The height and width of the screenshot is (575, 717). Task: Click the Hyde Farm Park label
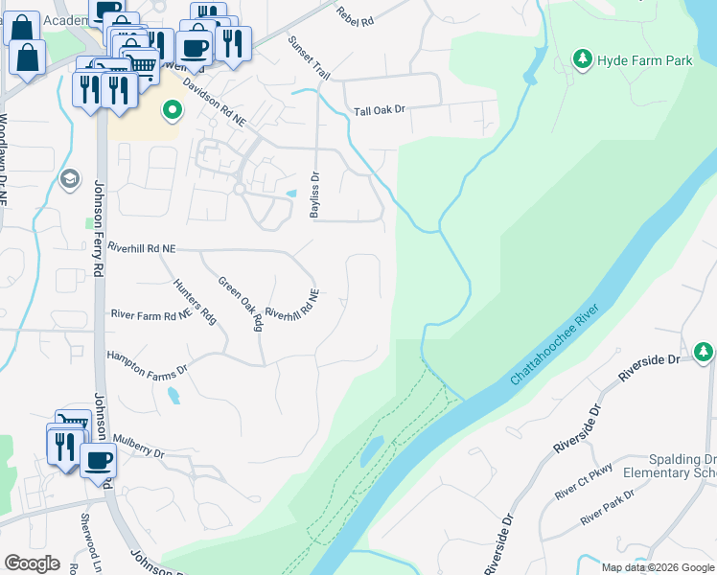644,60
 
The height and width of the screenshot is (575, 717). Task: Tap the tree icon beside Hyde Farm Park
582,60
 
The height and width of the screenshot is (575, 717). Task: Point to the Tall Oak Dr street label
381,110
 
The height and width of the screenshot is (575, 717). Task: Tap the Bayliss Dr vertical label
313,195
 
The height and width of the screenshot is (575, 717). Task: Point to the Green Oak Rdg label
240,303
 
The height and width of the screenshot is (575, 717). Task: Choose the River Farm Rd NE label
151,314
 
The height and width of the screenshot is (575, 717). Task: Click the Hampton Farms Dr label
146,360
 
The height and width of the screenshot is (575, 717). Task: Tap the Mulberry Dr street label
139,447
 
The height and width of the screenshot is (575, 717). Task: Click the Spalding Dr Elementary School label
669,466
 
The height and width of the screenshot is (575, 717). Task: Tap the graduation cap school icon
69,179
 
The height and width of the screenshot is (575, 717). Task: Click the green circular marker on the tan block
172,111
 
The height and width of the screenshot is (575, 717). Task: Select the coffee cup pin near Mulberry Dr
98,460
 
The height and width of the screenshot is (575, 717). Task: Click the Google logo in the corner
32,563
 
